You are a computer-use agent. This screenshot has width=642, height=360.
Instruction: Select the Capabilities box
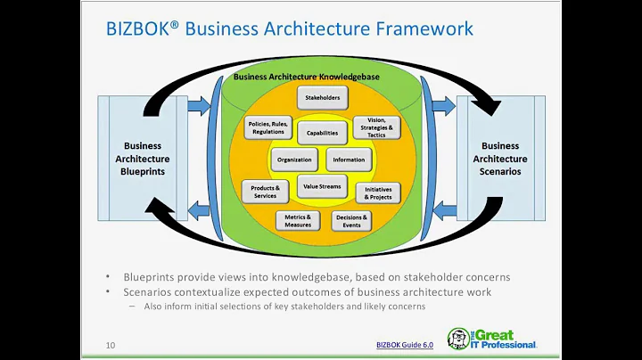pos(321,133)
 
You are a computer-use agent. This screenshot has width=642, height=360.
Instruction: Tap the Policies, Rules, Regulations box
pos(267,127)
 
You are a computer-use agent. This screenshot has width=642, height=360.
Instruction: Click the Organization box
pos(293,160)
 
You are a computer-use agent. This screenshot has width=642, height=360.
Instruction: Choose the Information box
pos(349,160)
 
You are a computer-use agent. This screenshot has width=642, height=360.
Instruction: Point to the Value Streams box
pos(321,186)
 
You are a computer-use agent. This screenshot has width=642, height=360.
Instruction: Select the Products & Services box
pos(265,191)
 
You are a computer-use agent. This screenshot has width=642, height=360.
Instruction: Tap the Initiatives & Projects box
pos(378,192)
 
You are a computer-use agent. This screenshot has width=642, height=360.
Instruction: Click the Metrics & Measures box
pos(298,220)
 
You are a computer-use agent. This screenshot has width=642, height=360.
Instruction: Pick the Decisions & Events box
pos(350,220)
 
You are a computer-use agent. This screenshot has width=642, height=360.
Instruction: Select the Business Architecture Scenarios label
pos(499,159)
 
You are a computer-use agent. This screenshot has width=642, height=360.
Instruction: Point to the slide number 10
pos(111,345)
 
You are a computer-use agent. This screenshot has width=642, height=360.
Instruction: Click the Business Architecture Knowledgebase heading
pos(320,77)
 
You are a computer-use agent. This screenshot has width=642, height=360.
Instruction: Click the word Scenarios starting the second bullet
pos(149,292)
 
